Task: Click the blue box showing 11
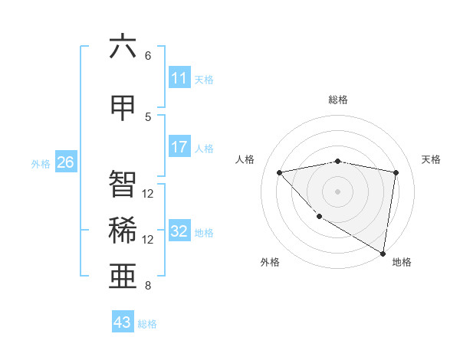point(179,78)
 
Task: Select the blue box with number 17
point(179,147)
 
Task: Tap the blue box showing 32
point(179,231)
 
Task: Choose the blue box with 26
point(66,162)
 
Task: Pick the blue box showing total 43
point(123,322)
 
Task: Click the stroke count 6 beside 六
point(148,56)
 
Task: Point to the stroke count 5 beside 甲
point(148,116)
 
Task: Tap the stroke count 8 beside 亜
point(148,286)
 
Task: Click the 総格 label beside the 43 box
point(147,324)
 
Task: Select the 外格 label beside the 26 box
point(41,163)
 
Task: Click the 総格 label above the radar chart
point(337,100)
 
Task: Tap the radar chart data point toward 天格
point(396,172)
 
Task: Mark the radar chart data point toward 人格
point(280,172)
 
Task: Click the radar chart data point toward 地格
point(383,253)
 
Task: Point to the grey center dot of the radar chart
point(337,191)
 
